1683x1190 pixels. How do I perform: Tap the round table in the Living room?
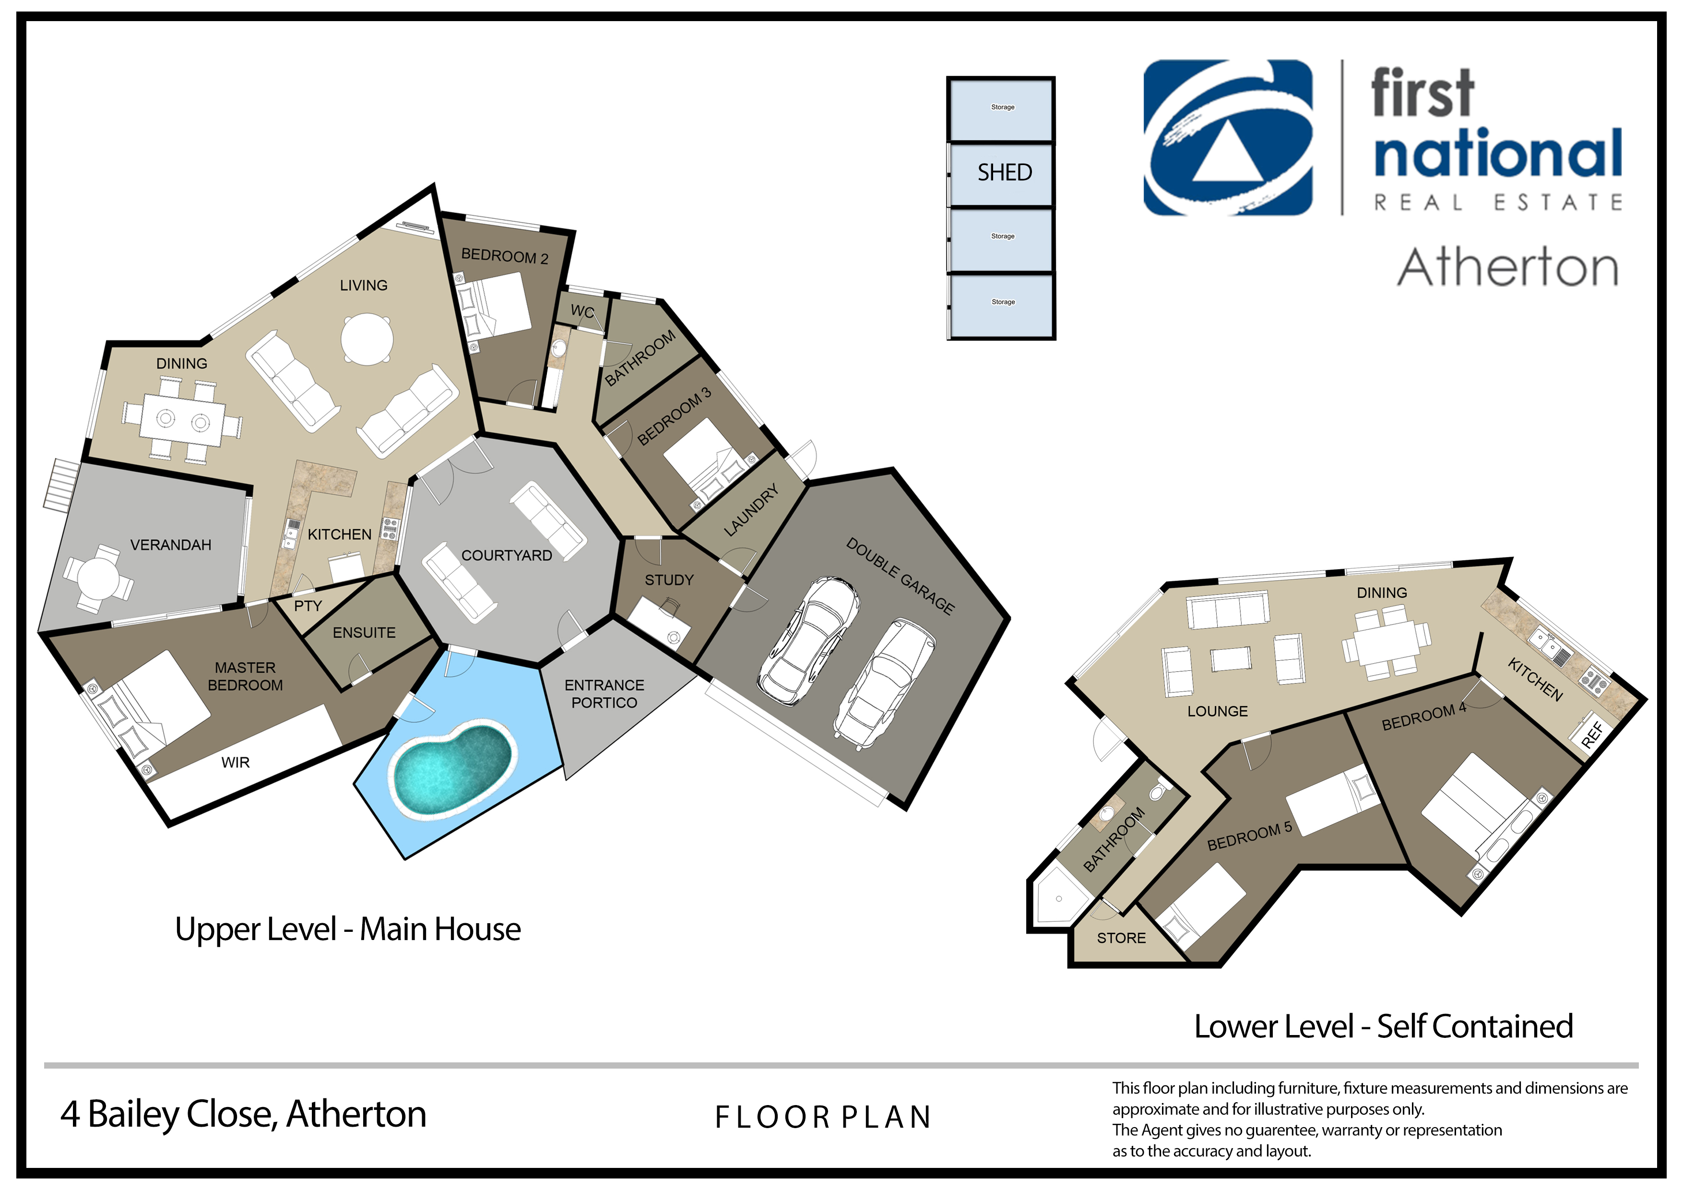click(367, 339)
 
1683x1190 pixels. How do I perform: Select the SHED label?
click(1004, 172)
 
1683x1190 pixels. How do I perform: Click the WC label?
click(583, 311)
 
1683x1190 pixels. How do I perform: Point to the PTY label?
click(308, 606)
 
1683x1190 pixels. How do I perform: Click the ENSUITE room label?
click(364, 632)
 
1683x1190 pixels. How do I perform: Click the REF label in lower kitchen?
click(1592, 734)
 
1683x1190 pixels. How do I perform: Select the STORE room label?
click(1121, 938)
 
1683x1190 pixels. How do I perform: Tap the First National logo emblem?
click(1228, 137)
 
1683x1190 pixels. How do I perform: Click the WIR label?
click(235, 762)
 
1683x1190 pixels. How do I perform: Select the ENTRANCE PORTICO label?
click(604, 694)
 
